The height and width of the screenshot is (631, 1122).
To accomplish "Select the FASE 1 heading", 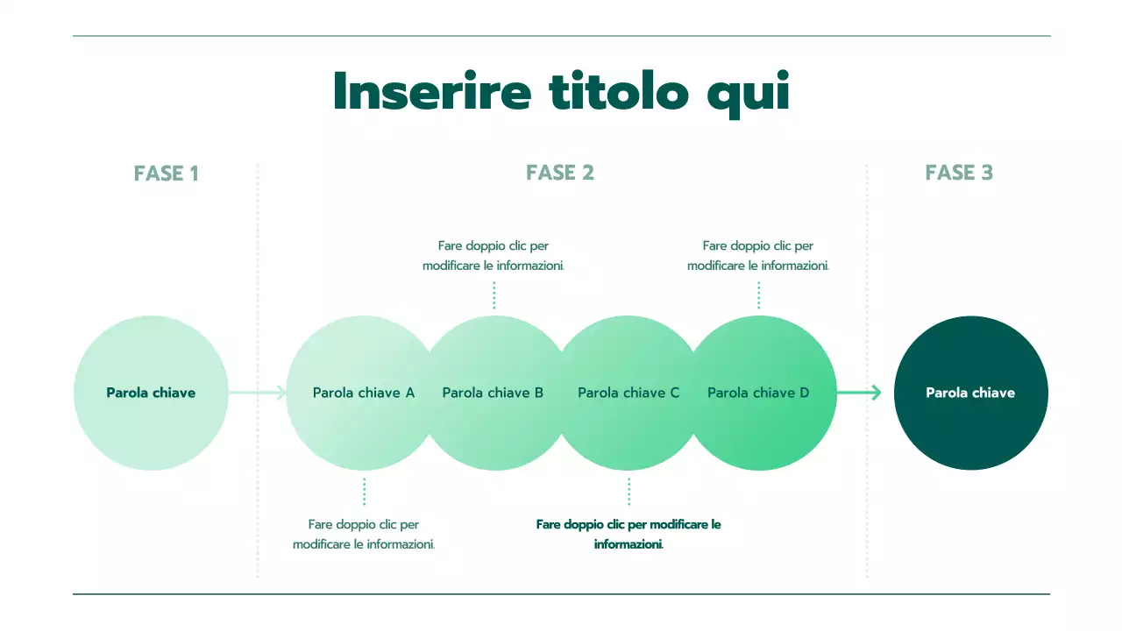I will (x=167, y=174).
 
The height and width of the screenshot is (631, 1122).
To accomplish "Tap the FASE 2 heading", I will (x=560, y=173).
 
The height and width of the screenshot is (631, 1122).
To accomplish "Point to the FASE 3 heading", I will (x=959, y=173).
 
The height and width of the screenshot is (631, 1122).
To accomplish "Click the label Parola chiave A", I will (x=364, y=393).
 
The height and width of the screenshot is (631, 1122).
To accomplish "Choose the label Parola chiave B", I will (x=493, y=393).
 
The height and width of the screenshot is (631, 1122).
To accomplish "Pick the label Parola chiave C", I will (x=628, y=393).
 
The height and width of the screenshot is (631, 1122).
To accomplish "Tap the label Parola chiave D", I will (x=758, y=393).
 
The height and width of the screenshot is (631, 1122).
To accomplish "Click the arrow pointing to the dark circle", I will (x=860, y=393).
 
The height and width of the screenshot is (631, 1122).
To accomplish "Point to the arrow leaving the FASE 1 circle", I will (x=258, y=393).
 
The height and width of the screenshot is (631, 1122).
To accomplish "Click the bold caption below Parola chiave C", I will (x=628, y=534).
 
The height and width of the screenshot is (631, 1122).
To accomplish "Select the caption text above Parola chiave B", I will (x=494, y=255).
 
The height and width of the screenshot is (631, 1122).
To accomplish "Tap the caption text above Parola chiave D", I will (x=758, y=255).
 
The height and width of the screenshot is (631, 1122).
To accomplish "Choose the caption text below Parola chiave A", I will (x=364, y=534).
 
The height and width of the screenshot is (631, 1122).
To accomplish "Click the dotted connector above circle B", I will (x=494, y=295).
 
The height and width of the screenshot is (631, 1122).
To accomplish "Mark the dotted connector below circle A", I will (x=364, y=492).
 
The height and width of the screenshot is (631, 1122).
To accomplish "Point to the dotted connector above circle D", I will (x=758, y=295).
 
